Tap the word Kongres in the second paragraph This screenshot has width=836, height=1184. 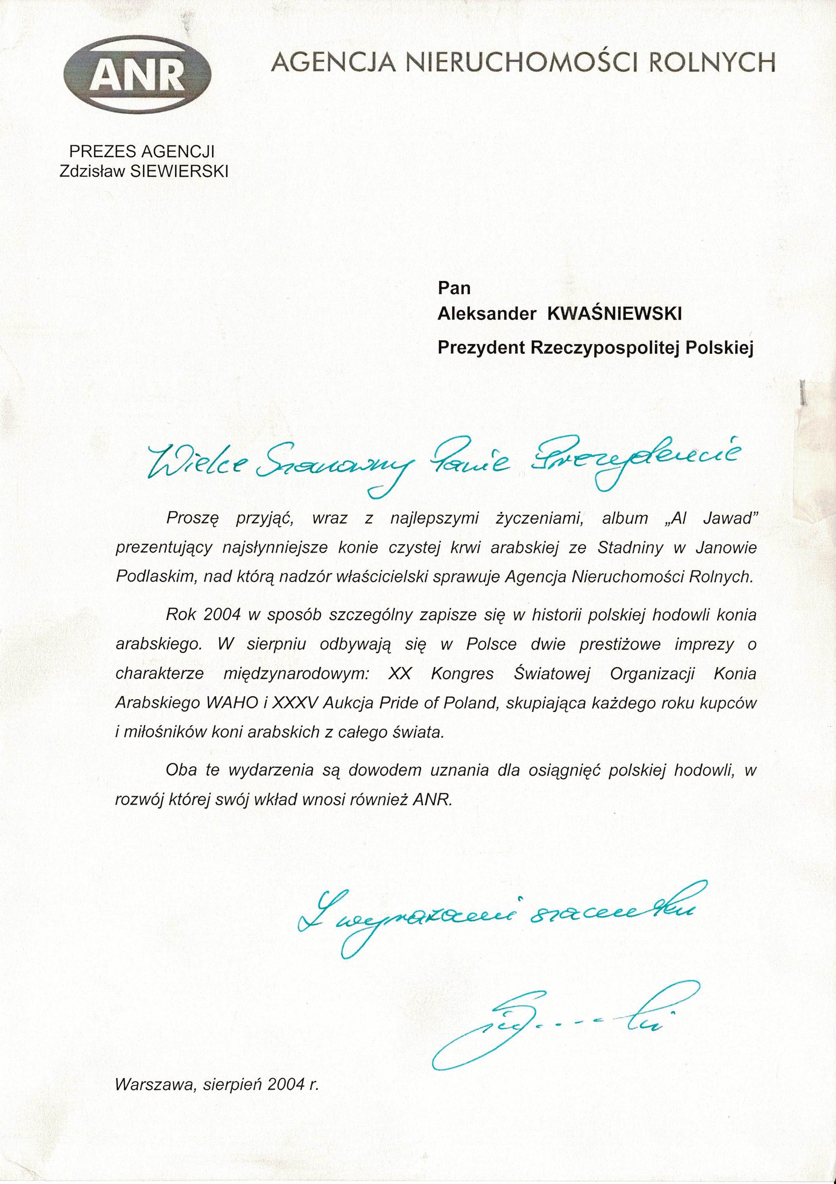[x=462, y=674]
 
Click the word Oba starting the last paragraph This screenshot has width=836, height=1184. [x=179, y=770]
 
